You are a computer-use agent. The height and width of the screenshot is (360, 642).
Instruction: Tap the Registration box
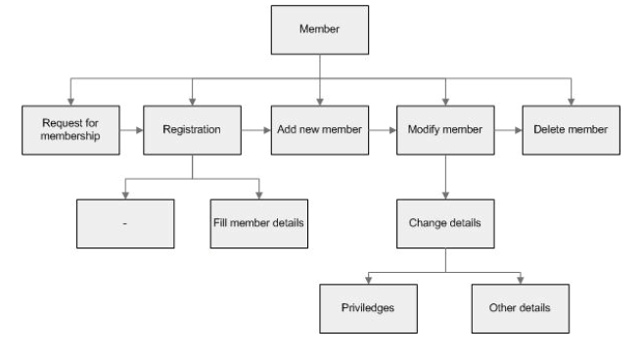click(x=192, y=129)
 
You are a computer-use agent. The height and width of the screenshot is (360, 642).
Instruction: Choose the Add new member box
click(x=320, y=129)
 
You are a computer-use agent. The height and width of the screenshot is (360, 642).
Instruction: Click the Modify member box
click(x=445, y=129)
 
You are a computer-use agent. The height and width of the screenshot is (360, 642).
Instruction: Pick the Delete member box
click(x=571, y=129)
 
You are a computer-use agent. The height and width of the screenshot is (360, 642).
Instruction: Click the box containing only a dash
click(x=124, y=223)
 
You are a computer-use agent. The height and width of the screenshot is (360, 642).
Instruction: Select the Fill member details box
click(x=258, y=223)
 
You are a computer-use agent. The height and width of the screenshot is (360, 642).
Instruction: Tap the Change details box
click(x=445, y=223)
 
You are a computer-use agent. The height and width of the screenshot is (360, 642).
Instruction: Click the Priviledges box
click(x=369, y=307)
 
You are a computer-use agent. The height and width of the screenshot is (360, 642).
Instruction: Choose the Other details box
click(x=520, y=307)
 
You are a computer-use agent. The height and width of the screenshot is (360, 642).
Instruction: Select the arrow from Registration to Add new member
click(x=253, y=129)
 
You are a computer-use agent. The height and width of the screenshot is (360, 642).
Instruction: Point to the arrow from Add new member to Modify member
click(x=382, y=129)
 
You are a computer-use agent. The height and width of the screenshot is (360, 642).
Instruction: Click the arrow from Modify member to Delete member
click(x=507, y=129)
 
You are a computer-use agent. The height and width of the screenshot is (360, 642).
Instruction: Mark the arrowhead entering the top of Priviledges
click(x=369, y=280)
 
